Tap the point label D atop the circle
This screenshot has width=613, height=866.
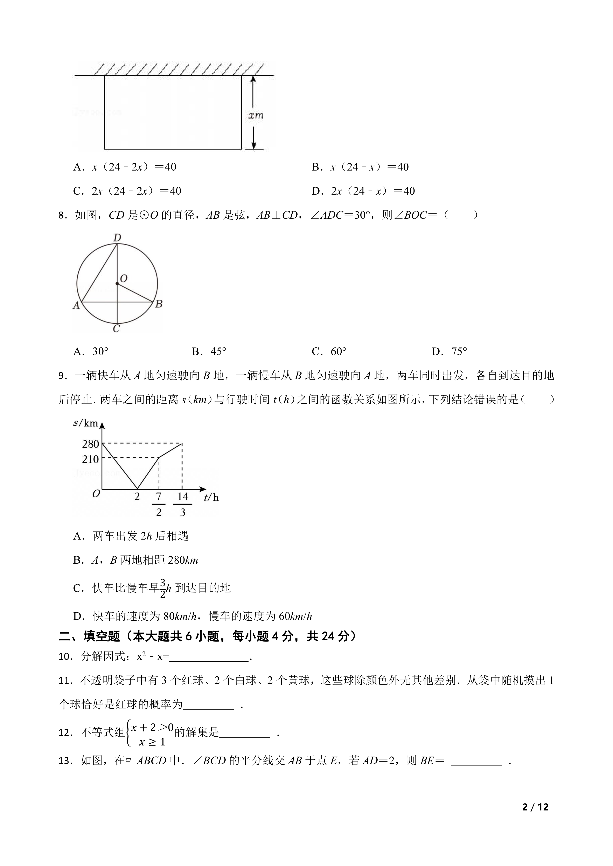point(117,238)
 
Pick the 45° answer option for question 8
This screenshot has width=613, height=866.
point(209,352)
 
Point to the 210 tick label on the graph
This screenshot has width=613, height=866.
point(91,459)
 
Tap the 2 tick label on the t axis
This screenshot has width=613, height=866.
point(137,497)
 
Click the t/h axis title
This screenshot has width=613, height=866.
point(211,498)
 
